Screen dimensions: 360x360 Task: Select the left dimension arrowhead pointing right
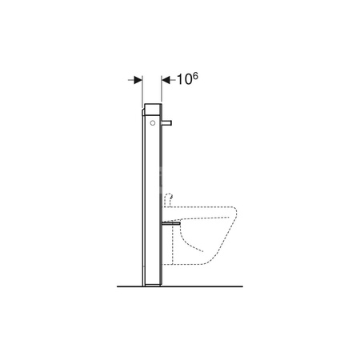point(137,80)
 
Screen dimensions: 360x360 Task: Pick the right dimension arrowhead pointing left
point(166,80)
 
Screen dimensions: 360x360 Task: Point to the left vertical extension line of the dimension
point(142,88)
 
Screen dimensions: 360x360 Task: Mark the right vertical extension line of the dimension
point(162,88)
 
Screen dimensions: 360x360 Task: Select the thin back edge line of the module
point(142,200)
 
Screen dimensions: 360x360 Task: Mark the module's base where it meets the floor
point(152,284)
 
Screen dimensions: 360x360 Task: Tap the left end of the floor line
point(116,286)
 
